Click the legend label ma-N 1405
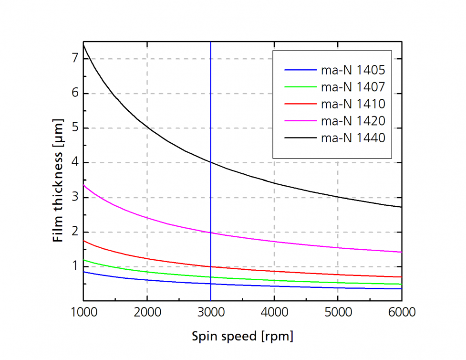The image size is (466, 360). point(353,70)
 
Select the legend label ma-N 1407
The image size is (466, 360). point(353,87)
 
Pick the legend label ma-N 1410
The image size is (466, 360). point(353,104)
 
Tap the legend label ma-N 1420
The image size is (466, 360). point(353,121)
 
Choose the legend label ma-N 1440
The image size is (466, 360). point(353,138)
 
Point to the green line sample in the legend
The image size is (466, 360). point(300,87)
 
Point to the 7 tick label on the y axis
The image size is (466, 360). point(74,59)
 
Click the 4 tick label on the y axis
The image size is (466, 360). point(74,163)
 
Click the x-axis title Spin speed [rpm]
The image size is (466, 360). point(242,337)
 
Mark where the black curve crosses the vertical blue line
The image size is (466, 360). point(210,162)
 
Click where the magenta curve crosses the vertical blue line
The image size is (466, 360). point(210,233)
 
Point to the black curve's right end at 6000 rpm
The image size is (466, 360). point(401,207)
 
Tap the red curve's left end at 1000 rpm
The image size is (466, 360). point(84,241)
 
